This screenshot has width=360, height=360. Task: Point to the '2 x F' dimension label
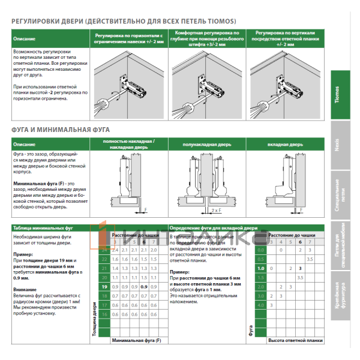(x=215, y=211)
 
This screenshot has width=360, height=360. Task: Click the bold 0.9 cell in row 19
(x=144, y=287)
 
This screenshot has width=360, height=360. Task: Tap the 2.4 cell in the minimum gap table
(x=115, y=249)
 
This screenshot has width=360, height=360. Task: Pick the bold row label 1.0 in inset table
(x=260, y=268)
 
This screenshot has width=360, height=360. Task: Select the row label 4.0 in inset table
(x=260, y=305)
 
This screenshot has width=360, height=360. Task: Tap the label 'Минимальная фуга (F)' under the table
(x=136, y=340)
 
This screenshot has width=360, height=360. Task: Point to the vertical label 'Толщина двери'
(x=94, y=318)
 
